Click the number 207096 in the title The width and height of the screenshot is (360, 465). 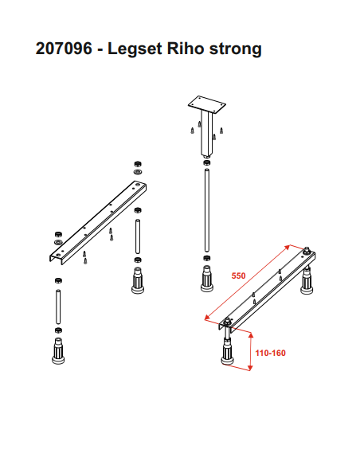click(64, 48)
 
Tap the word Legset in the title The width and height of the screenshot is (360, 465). click(135, 49)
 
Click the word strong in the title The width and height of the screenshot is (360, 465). click(236, 49)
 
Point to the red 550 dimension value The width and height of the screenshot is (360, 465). click(238, 275)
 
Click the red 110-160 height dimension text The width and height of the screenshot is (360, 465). click(271, 353)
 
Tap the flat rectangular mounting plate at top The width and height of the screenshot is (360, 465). click(207, 104)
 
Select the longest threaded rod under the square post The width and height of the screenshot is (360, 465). click(207, 210)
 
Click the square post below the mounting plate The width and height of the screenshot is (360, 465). click(207, 134)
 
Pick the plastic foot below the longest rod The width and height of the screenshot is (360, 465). click(207, 279)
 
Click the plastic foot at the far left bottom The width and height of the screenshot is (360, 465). click(58, 351)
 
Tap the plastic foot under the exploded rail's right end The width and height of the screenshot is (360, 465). click(138, 280)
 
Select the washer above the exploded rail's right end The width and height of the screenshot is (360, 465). click(138, 172)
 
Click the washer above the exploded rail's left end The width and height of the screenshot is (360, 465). click(58, 242)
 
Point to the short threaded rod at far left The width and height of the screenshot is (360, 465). click(58, 307)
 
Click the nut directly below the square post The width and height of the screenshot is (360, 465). click(207, 162)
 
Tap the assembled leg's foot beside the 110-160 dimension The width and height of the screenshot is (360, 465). click(228, 353)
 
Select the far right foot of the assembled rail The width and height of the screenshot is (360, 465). click(307, 280)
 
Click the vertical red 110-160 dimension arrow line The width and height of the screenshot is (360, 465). click(251, 352)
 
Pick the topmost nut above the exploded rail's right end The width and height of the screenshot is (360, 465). click(138, 164)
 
